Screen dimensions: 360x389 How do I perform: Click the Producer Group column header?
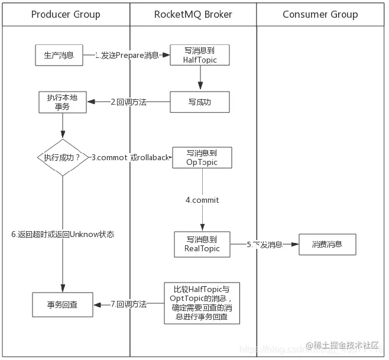click(66, 14)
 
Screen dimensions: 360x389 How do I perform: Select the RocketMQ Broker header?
click(193, 14)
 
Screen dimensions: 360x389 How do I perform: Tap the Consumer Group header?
click(320, 14)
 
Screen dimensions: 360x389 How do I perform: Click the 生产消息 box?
click(59, 56)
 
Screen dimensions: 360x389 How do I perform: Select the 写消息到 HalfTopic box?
click(200, 56)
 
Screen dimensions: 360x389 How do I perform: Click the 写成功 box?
click(200, 102)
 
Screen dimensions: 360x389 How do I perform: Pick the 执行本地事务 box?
click(62, 102)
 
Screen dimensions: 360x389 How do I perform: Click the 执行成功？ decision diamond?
click(62, 157)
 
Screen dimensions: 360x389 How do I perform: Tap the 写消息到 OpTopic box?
click(202, 158)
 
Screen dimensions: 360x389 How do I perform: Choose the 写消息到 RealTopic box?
click(202, 244)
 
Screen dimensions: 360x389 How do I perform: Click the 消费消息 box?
click(327, 244)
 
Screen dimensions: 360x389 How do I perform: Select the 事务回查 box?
click(62, 305)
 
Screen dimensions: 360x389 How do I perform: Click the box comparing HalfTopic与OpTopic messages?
click(202, 303)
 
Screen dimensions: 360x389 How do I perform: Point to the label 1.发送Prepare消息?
click(128, 56)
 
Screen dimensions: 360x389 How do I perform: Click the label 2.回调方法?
click(128, 102)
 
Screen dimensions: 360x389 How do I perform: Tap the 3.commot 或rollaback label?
click(131, 158)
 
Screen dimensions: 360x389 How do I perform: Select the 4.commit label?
click(202, 200)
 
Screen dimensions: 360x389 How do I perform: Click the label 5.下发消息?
click(264, 244)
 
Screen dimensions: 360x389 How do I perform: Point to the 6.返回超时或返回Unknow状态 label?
click(63, 234)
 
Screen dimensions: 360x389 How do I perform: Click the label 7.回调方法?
click(128, 304)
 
